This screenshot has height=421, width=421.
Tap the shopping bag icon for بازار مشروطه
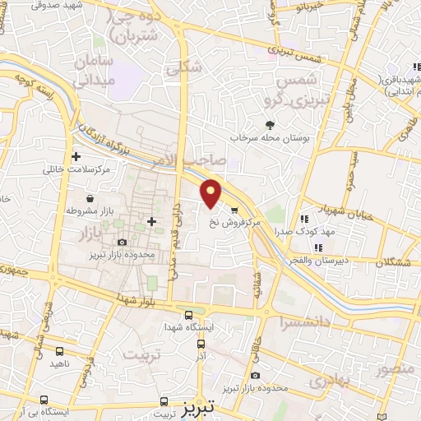pyautogui.click(x=89, y=198)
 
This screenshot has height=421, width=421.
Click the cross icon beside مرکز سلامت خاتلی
pyautogui.click(x=76, y=155)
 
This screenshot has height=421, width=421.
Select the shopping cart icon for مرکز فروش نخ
pyautogui.click(x=234, y=210)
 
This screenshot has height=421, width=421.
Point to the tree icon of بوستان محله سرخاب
pyautogui.click(x=270, y=124)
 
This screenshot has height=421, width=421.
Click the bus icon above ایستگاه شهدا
pyautogui.click(x=190, y=314)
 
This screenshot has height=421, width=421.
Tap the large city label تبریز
pyautogui.click(x=185, y=405)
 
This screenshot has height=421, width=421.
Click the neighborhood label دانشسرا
pyautogui.click(x=303, y=322)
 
